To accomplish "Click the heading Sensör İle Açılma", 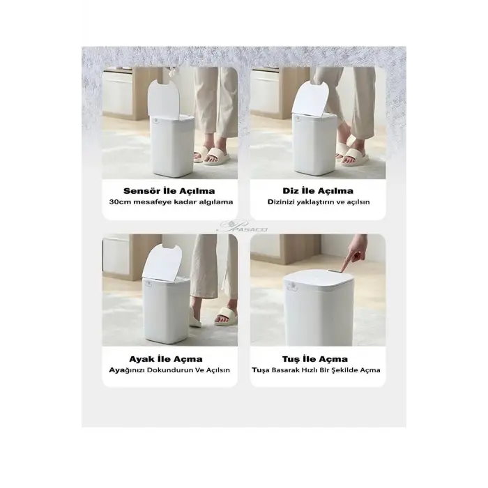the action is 169,191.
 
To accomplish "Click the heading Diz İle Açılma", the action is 318,191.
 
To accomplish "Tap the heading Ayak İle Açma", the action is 166,359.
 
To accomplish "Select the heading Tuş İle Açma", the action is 315,359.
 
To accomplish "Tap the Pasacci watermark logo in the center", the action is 244,227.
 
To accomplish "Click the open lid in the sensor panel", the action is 164,99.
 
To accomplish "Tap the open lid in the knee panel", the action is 310,97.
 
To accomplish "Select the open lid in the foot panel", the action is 162,262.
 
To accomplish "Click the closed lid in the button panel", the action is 318,279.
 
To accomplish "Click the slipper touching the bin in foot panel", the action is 195,317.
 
